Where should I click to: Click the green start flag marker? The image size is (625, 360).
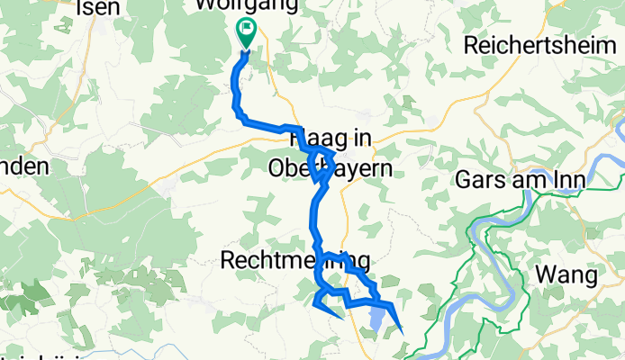coord(245,32)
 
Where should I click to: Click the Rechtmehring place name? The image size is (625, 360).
coord(294,262)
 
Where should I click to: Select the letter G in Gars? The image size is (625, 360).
coord(466,179)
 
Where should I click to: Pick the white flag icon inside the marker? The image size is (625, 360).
coord(245,29)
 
